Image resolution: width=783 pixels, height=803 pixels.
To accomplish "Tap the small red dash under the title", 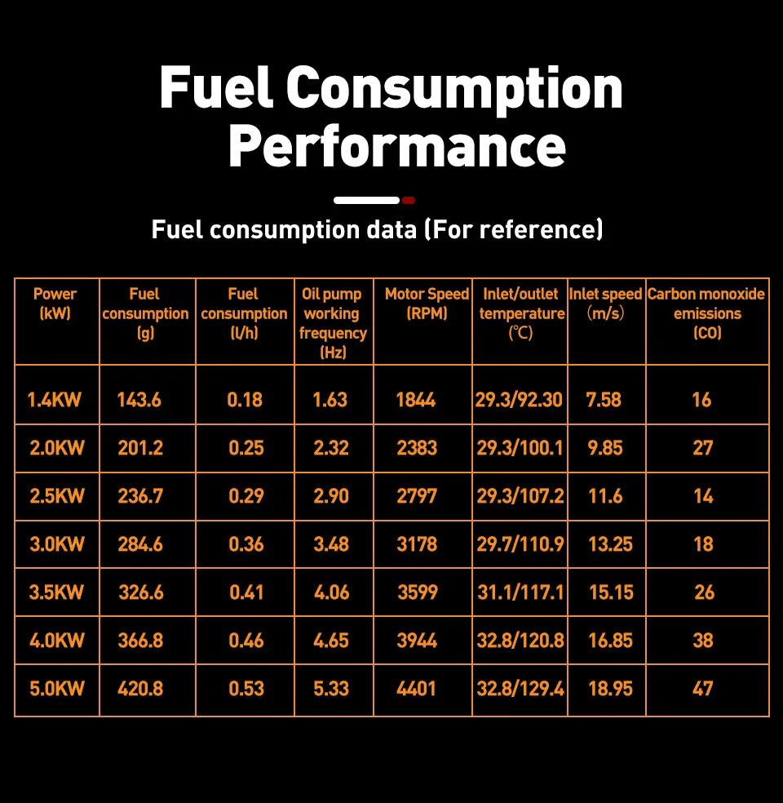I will (x=409, y=200).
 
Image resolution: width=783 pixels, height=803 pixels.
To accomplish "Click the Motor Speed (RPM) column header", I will (x=427, y=304).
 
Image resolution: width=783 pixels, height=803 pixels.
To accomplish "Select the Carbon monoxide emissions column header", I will (x=706, y=313).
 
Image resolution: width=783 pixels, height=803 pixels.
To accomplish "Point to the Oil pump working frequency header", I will (x=332, y=322).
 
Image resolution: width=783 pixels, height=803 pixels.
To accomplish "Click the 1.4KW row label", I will (x=55, y=400).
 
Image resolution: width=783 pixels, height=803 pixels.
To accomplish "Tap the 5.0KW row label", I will (x=57, y=689).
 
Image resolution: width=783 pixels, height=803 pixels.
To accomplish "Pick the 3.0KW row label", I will (x=57, y=544).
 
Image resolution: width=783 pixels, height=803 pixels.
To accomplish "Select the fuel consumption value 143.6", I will (x=139, y=400).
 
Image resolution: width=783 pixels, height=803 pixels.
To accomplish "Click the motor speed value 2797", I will (x=417, y=496).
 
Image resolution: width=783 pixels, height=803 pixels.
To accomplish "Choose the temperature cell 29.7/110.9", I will (x=520, y=544).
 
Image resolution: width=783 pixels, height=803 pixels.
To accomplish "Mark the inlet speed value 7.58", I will (x=604, y=400).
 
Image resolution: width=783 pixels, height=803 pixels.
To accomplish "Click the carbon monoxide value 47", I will (x=703, y=689).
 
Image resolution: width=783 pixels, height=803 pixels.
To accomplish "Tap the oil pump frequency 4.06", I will (x=331, y=592).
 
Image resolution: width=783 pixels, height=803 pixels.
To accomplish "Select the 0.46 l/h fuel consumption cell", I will (x=246, y=641).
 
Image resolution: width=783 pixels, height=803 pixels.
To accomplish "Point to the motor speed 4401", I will (x=417, y=689).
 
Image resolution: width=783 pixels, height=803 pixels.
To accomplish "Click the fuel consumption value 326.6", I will (x=141, y=592).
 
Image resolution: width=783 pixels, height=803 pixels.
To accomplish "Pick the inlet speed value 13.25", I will (x=610, y=544).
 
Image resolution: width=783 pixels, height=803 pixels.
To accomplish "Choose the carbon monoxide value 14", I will (x=703, y=496).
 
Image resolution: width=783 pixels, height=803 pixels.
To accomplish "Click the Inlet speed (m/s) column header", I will (x=605, y=304).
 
